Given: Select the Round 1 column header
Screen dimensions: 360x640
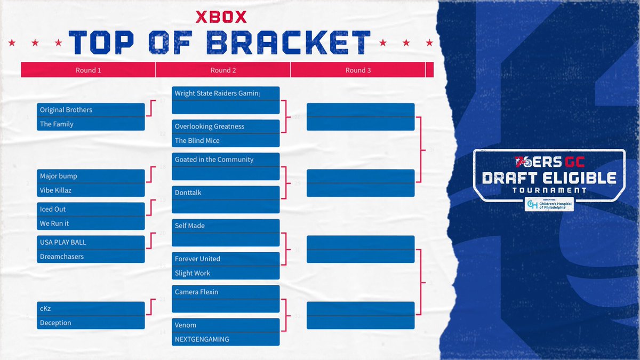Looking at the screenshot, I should point(89,70).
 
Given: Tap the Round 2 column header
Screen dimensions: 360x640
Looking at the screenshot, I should point(223,70).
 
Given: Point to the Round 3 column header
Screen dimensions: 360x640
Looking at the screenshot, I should point(358,70).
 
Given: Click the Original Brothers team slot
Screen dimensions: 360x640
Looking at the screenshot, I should point(91,110).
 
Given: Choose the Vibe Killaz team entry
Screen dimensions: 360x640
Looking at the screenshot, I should point(91,190).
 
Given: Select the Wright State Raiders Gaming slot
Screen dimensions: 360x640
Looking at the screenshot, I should point(225,93).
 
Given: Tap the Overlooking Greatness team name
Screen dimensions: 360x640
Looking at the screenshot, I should point(225,126).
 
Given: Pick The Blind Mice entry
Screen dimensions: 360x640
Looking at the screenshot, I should point(225,141).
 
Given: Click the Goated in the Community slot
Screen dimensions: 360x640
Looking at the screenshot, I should point(225,159).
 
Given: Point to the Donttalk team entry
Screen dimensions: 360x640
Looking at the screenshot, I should point(225,193).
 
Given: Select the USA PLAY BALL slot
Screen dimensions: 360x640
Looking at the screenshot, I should point(91,242).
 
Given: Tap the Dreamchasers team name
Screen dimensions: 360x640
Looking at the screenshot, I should point(91,257).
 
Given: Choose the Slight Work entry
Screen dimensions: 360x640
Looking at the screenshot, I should point(225,273).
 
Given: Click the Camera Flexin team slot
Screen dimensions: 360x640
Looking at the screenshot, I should point(225,292).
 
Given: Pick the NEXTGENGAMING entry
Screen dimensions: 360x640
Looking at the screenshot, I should point(225,339).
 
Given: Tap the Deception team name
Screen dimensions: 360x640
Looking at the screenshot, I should point(91,323).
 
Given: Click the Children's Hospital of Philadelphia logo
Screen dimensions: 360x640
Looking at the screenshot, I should point(549,204).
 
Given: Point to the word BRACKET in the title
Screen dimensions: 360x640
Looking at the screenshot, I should point(289,42).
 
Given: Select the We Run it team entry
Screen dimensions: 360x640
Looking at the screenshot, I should point(91,223).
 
